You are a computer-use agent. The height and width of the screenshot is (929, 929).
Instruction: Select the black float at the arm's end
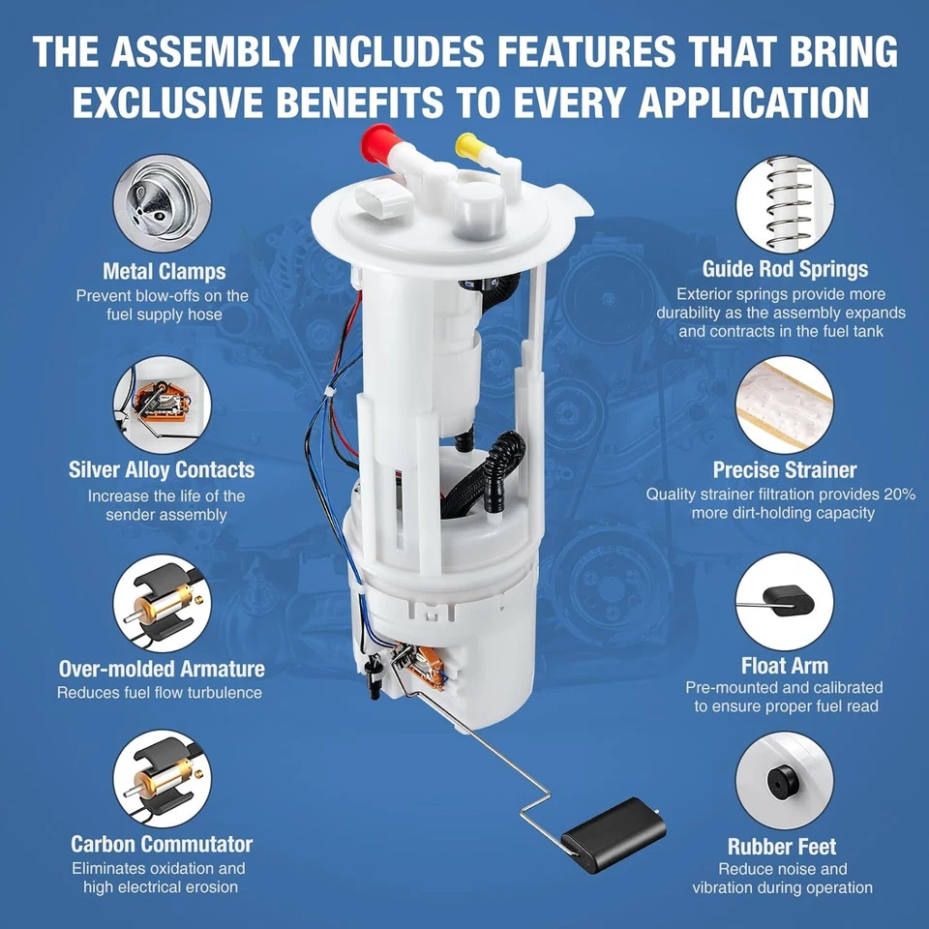point(614,828)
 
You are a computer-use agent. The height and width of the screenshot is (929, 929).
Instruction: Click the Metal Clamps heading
point(165,271)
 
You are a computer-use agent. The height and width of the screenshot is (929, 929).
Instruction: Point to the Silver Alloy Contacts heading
point(162,470)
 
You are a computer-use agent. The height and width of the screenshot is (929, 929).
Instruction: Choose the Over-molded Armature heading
point(162,669)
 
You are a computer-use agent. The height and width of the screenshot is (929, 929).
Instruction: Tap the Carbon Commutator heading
point(162,844)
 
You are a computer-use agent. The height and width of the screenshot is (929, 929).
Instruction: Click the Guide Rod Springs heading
point(785,269)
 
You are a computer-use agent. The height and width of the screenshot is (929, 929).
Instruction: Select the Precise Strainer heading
point(785,470)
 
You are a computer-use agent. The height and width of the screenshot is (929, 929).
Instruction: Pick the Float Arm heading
point(785,666)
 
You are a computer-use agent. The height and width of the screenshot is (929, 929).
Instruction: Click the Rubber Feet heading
point(782,847)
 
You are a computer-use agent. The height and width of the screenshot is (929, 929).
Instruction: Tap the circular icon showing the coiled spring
point(784,203)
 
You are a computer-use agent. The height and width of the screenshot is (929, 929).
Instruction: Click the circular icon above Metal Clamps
point(162,204)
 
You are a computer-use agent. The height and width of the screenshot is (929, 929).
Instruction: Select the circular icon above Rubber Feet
point(784,779)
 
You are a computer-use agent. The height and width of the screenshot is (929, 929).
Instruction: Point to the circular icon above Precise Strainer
point(784,404)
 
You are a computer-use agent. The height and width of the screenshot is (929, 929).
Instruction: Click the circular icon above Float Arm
point(784,601)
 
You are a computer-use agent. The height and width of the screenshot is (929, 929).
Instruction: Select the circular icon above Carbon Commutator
point(162,779)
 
